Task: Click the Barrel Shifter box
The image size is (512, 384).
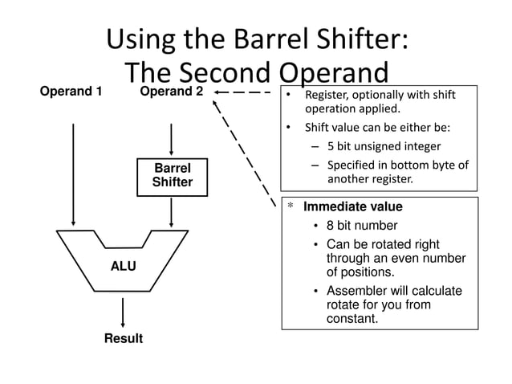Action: click(172, 176)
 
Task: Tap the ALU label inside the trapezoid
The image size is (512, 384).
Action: click(123, 266)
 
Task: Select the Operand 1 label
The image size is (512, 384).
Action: click(71, 92)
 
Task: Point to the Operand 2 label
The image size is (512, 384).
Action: click(171, 92)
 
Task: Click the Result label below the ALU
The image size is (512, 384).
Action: click(123, 338)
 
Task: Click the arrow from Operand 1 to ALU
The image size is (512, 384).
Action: click(74, 173)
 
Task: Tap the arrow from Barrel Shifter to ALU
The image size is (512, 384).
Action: click(172, 212)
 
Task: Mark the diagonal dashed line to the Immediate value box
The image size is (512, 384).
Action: click(245, 149)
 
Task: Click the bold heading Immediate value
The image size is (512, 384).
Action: click(352, 206)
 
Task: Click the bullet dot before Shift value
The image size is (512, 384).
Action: click(289, 128)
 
